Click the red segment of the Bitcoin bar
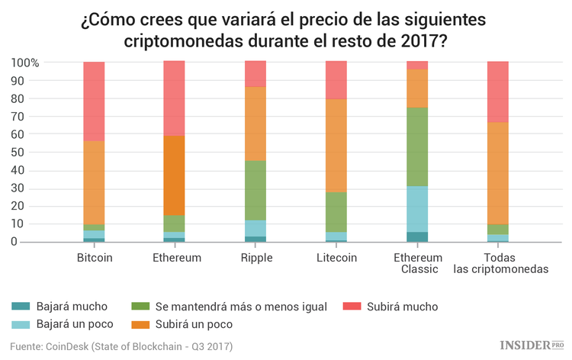[94, 101]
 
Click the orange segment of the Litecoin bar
[336, 145]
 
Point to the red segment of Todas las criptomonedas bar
[498, 92]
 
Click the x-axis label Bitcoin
[95, 258]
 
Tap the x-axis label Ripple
[255, 258]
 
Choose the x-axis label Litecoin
[336, 258]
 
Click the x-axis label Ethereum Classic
[417, 264]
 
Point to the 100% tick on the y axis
[25, 63]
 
